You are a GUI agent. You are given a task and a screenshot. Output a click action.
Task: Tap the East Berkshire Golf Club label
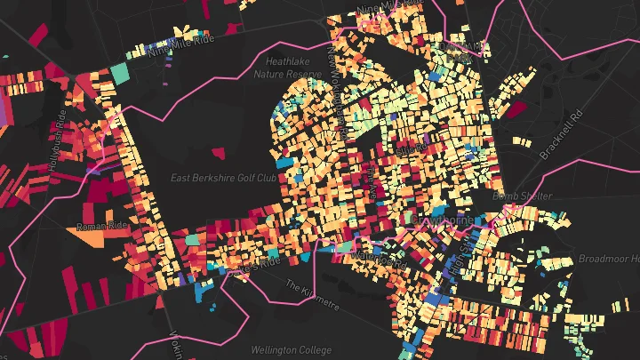[x=222, y=178]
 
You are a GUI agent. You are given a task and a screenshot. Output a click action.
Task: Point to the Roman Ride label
[x=104, y=227]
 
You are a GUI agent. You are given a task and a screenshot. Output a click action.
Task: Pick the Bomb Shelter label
[x=528, y=196]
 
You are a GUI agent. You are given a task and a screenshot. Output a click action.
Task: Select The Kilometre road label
[x=312, y=294]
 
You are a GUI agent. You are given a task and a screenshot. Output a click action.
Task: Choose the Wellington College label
[x=268, y=348]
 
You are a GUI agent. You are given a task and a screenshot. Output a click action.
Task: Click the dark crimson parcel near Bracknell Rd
[x=516, y=110]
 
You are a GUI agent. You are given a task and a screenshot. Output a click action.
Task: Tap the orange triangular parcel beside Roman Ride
[x=108, y=214]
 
